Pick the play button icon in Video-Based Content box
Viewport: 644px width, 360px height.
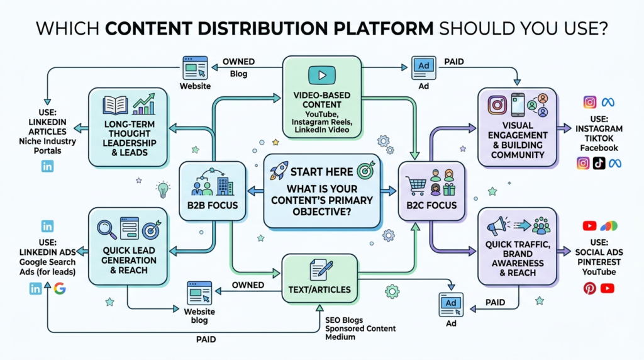[x=322, y=76]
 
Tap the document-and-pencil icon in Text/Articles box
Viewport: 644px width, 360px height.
[x=321, y=270]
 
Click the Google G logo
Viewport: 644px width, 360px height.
[x=60, y=289]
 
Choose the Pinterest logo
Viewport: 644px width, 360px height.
[x=589, y=288]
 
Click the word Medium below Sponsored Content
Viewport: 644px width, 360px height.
[x=340, y=337]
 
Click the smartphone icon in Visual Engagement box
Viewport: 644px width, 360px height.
[x=518, y=105]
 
